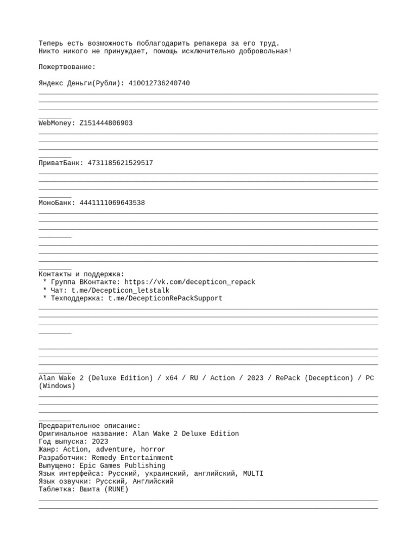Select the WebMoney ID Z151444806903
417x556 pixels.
pos(106,123)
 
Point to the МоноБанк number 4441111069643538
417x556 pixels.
pos(112,203)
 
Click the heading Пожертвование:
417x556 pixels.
pos(67,67)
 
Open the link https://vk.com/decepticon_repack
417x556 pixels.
pos(189,282)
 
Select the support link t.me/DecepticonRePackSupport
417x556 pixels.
pos(165,298)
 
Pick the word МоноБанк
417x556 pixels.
pos(56,203)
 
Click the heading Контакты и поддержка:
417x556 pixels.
pos(81,274)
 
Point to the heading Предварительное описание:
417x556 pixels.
pos(90,426)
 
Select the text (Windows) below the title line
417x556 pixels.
pos(57,386)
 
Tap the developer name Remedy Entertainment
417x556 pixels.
pos(132,458)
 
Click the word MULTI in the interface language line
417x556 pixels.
pos(253,473)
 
